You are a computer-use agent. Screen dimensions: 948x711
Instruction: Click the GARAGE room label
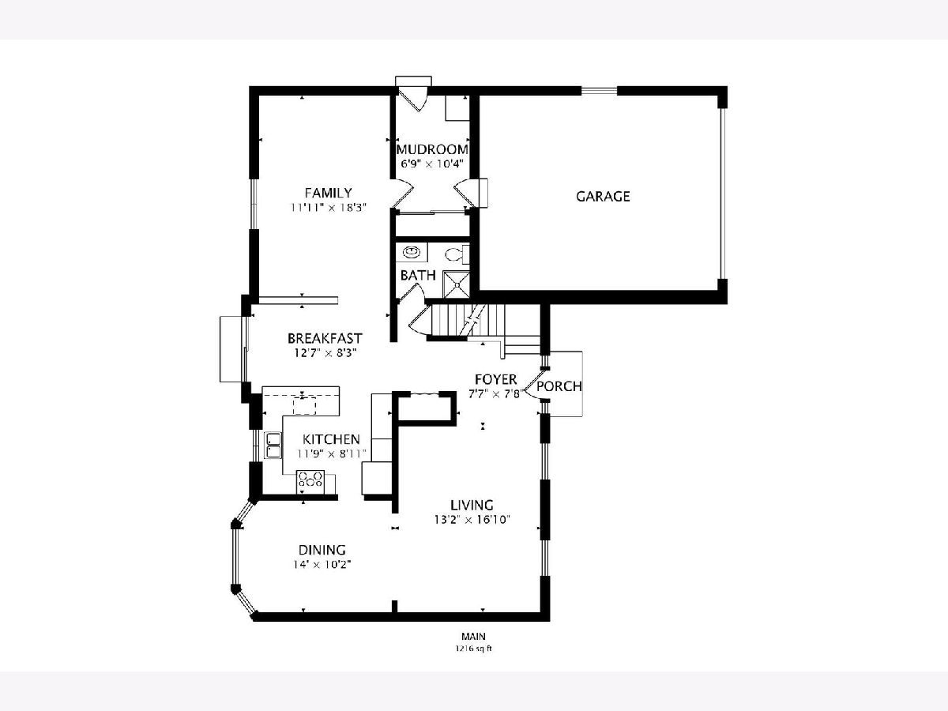click(603, 197)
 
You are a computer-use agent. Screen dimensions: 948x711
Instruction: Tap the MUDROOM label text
click(432, 149)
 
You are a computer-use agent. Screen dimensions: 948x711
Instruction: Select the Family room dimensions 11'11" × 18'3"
click(328, 208)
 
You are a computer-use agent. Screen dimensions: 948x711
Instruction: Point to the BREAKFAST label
click(325, 338)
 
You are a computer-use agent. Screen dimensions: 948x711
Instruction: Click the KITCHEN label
click(331, 439)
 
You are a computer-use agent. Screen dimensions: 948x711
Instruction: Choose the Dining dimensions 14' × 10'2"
click(322, 565)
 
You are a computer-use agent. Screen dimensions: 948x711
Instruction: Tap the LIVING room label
click(472, 505)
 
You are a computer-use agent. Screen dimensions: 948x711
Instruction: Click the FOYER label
click(496, 379)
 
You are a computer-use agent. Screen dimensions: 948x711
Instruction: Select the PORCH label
click(559, 386)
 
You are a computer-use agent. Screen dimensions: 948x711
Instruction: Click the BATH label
click(418, 276)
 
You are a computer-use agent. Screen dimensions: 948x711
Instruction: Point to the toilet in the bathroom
click(456, 254)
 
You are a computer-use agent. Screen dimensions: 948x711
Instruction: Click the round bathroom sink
click(410, 250)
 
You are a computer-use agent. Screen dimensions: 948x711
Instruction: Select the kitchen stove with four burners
click(310, 482)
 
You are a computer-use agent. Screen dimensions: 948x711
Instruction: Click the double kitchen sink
click(273, 445)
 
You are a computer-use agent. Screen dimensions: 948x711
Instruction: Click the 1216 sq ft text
click(473, 649)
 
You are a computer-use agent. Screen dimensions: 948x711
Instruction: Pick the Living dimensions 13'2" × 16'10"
click(472, 519)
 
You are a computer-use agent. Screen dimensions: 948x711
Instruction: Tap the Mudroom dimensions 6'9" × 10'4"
click(432, 164)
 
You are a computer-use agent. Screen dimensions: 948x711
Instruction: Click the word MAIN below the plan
click(473, 636)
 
